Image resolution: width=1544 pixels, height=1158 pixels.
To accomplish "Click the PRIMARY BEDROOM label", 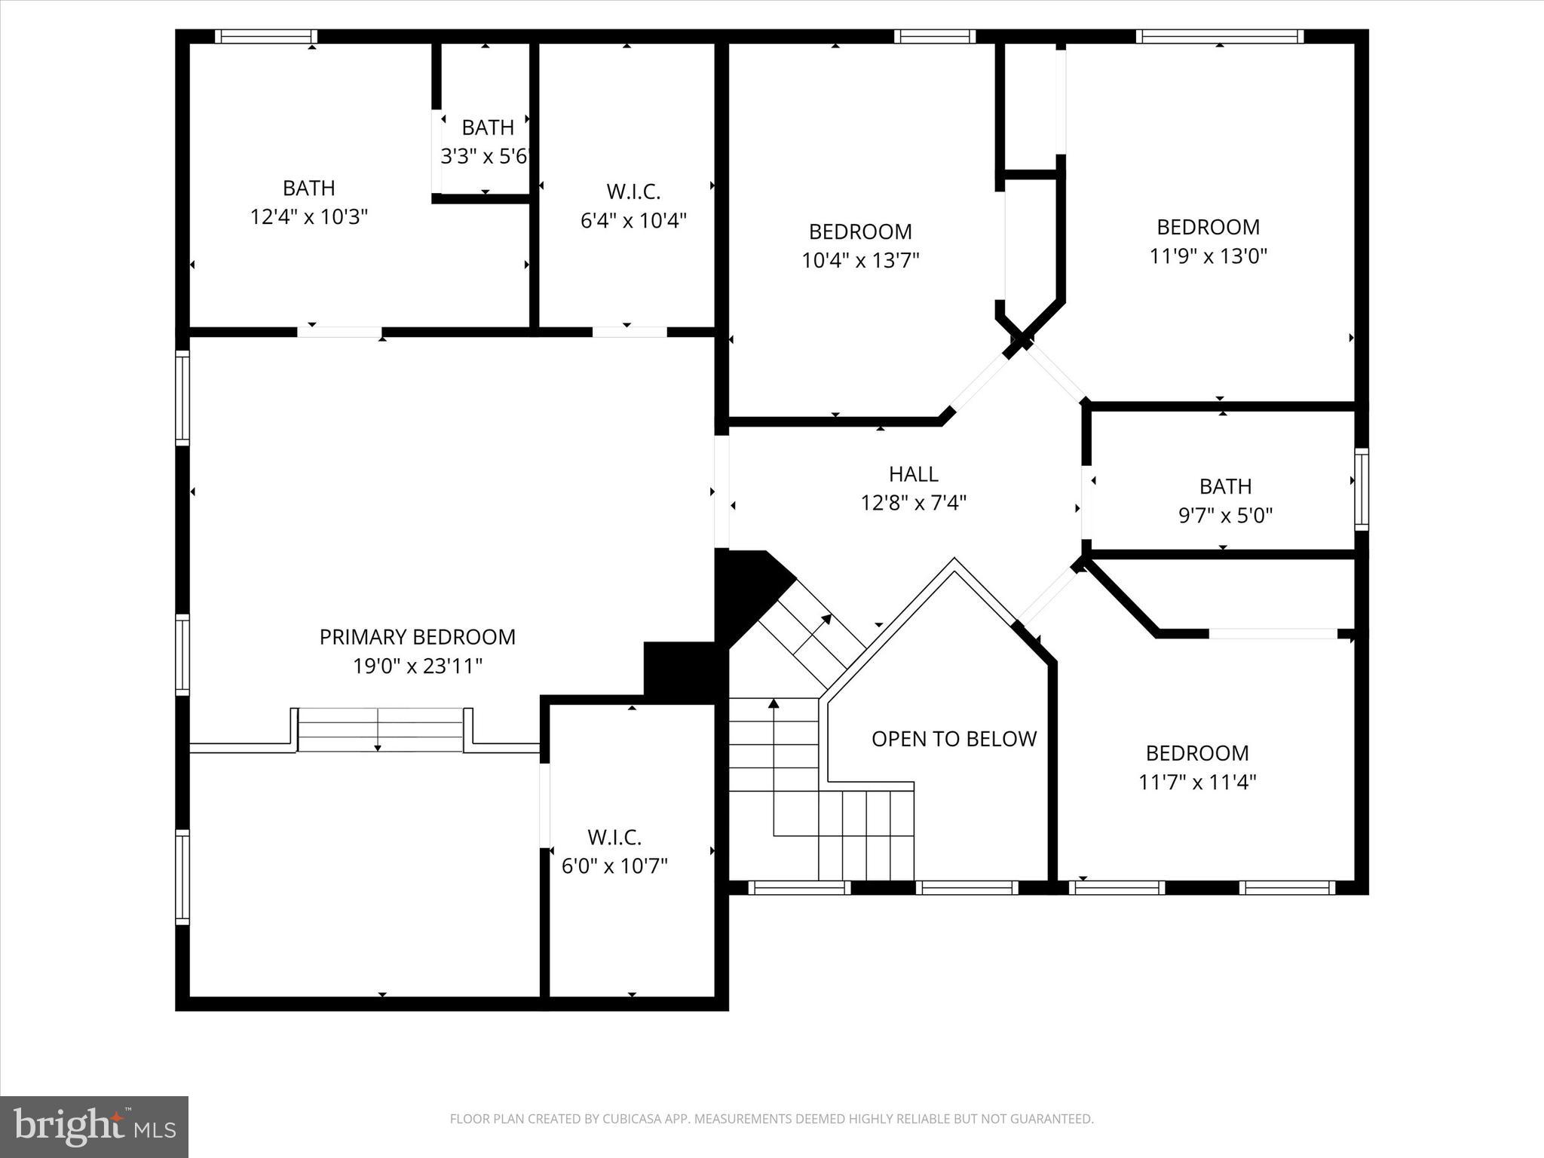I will click(417, 637).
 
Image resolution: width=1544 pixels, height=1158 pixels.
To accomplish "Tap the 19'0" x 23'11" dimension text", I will click(417, 666).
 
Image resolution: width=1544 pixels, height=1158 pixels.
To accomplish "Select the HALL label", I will click(913, 474).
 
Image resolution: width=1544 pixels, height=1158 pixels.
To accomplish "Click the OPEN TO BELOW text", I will click(954, 739).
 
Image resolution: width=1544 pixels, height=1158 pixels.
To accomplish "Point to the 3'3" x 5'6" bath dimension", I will click(486, 157).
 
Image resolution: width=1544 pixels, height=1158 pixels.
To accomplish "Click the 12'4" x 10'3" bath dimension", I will click(308, 217).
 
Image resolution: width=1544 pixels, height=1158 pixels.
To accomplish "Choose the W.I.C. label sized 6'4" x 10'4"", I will click(633, 192).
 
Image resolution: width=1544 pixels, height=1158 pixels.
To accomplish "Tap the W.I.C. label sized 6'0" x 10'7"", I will click(614, 838).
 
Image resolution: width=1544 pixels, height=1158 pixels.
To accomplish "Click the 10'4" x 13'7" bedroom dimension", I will click(860, 261).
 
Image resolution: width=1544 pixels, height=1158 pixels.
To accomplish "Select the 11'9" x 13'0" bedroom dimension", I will click(1208, 256).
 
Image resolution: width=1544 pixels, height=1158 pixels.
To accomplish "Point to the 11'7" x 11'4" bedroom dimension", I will click(1197, 783).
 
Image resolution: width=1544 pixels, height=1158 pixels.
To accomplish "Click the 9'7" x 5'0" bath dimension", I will click(1225, 516).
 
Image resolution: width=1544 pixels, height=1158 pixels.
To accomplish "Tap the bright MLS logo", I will click(94, 1126).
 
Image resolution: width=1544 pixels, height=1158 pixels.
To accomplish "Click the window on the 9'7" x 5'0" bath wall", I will click(1361, 489).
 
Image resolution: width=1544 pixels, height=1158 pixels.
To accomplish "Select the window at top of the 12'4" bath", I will click(265, 36).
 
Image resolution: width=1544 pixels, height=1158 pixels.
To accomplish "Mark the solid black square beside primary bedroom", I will click(679, 672).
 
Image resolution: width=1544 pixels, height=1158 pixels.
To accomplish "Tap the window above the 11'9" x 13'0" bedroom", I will click(1219, 36).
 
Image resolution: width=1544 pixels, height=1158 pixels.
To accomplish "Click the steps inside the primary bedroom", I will click(380, 730).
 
